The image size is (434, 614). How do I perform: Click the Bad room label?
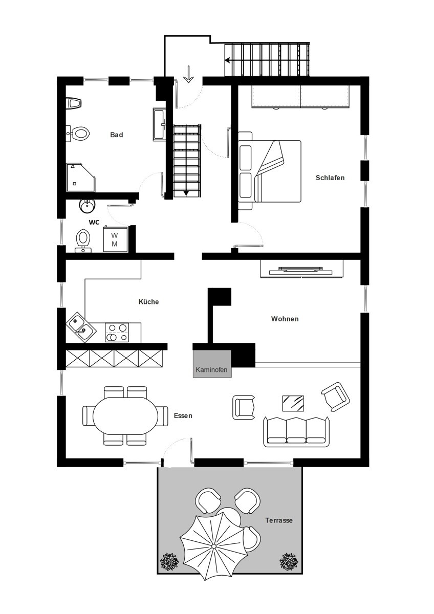coord(117,135)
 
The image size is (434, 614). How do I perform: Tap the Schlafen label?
coord(330,178)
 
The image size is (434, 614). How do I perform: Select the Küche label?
coord(148,302)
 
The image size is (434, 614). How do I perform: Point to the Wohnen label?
coord(285,319)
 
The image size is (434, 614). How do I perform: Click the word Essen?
coord(183,415)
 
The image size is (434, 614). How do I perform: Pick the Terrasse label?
coord(279,520)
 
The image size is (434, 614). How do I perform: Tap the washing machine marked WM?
coord(115,238)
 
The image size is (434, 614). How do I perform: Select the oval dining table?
coord(125,415)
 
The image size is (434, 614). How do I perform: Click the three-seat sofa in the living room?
coord(296,432)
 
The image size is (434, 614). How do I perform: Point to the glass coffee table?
coord(293,403)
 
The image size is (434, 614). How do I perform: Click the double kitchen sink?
coord(81,327)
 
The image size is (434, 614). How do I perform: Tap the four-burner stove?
coord(117,333)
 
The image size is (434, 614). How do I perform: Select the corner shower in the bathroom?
coord(81,178)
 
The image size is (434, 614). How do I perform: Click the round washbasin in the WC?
coord(88,206)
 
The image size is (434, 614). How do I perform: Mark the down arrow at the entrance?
coord(188,74)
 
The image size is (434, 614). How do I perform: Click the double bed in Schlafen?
coord(270,171)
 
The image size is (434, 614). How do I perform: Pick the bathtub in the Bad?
coord(159,124)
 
